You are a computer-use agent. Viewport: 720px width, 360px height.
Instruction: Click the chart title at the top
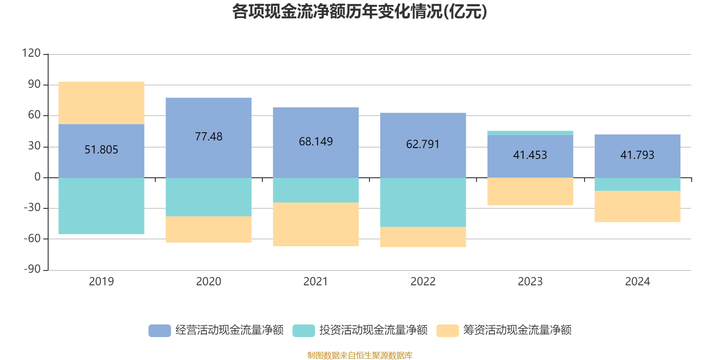[360, 12]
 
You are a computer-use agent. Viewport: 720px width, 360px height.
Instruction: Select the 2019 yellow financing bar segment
[101, 103]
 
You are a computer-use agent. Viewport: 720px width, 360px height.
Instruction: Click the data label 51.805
[101, 149]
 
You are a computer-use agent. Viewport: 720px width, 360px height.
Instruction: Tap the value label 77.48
[208, 136]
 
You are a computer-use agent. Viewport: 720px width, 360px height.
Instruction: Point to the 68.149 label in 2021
[315, 141]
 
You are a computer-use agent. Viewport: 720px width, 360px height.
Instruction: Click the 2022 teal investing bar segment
[423, 202]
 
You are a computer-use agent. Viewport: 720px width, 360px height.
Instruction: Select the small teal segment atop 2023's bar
[530, 133]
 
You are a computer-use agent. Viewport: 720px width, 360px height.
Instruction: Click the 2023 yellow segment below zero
[530, 192]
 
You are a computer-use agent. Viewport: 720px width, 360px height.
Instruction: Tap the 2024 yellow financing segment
[637, 207]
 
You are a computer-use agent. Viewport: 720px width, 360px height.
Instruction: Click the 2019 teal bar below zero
[101, 206]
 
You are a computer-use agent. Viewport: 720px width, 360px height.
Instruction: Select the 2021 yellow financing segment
[315, 225]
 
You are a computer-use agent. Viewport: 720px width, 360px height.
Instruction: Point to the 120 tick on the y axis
[31, 54]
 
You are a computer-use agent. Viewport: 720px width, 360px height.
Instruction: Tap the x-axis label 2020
[208, 282]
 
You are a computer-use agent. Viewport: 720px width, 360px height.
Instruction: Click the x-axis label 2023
[530, 282]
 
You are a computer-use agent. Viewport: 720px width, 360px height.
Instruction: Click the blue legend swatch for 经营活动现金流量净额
[159, 330]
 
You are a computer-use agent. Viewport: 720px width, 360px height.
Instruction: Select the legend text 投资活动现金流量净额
[373, 330]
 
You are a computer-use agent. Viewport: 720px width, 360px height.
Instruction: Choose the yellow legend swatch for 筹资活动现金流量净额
[447, 330]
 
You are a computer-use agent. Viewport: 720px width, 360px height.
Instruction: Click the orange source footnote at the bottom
[360, 355]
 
